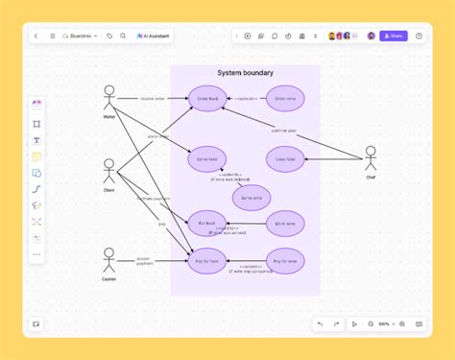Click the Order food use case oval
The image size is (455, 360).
207,99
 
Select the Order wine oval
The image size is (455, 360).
284,99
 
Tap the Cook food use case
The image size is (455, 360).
284,159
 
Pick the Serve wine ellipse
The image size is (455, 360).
251,197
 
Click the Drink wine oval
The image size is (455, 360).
284,223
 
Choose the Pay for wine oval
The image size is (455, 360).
284,261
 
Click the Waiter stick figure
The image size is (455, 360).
108,99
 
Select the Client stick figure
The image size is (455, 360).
108,171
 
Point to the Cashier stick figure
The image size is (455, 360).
108,259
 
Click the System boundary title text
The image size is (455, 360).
245,73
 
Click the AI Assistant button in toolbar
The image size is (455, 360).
154,36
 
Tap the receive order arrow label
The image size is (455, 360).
153,98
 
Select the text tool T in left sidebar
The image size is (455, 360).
36,140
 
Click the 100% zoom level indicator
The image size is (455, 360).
384,324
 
